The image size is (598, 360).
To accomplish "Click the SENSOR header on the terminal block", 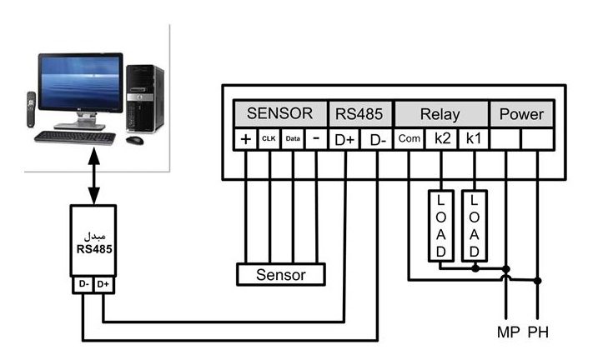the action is (x=280, y=113).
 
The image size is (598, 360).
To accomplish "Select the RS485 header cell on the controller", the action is (x=359, y=113).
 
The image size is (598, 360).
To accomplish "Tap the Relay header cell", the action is (x=440, y=113).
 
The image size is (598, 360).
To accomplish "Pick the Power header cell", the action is (x=521, y=113).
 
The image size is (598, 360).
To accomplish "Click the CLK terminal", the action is (x=269, y=139).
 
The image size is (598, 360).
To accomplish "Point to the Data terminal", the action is (x=293, y=139).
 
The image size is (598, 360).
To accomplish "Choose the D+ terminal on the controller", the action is (x=344, y=139).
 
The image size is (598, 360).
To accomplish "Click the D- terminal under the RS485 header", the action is (x=378, y=139).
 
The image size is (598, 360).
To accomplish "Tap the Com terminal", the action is (x=409, y=139).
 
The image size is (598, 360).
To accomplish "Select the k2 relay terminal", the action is (x=442, y=139).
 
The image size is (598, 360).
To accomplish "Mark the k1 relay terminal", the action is (x=473, y=139).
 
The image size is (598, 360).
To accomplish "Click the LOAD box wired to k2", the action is (x=441, y=226).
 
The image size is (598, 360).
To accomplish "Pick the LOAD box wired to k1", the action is (x=474, y=226).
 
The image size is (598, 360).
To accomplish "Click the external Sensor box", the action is (x=281, y=274).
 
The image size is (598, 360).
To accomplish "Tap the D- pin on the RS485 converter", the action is (x=83, y=284).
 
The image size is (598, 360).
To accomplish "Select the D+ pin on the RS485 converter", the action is (x=103, y=284).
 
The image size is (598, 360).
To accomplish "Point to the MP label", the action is (x=509, y=332).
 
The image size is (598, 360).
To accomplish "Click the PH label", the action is (x=538, y=332).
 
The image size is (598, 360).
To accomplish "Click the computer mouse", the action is (x=134, y=140).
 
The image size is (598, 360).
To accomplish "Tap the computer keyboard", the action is (x=75, y=137).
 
